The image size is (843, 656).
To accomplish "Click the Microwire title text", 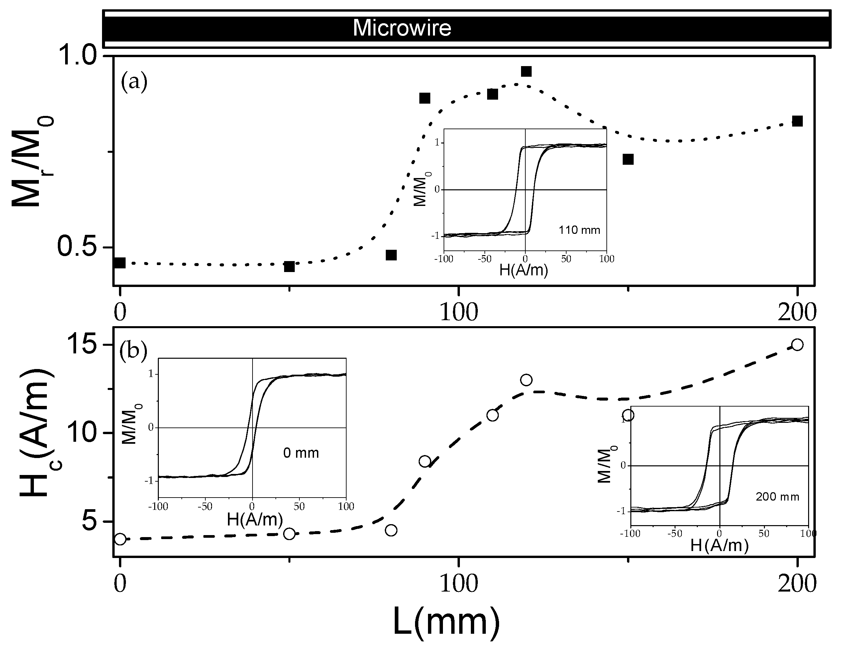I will click(x=402, y=28).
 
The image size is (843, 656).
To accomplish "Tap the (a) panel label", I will click(x=134, y=82).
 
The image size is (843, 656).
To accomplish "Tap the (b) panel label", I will click(x=133, y=352).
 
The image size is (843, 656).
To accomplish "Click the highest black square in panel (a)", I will click(x=526, y=71).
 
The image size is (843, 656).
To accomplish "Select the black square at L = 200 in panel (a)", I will click(x=797, y=121).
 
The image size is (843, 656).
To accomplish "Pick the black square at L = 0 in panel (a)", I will click(x=120, y=263).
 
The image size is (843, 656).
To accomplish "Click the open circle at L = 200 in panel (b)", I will click(x=797, y=344).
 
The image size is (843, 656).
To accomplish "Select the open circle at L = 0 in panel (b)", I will click(x=120, y=539).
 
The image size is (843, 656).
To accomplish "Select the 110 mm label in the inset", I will click(x=579, y=231).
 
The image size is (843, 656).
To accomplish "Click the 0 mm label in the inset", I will click(x=301, y=453).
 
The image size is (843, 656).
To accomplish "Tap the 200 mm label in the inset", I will click(x=777, y=497).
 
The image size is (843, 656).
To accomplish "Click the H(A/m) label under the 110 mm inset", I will click(x=523, y=270).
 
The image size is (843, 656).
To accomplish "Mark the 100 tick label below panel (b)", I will click(x=459, y=583).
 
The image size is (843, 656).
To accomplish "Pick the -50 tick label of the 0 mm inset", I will click(x=205, y=506).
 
